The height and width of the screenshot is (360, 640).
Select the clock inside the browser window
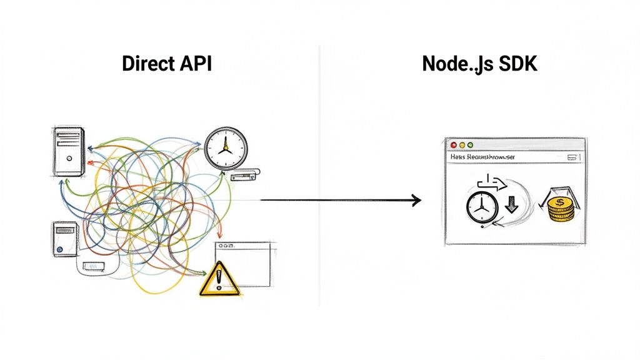tap(482, 208)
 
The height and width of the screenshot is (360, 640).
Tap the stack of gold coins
tap(561, 207)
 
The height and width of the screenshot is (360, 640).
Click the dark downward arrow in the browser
tap(511, 204)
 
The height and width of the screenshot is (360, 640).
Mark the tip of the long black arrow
tap(420, 200)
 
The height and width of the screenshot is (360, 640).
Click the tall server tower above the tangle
tap(67, 151)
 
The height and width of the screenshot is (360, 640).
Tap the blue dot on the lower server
tap(59, 248)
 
